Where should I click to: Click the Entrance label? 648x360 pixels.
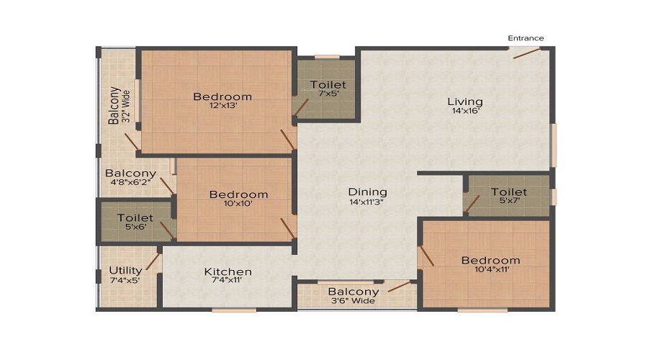click(x=526, y=38)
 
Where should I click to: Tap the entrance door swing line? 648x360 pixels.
click(x=526, y=53)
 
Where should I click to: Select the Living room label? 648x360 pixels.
click(x=465, y=102)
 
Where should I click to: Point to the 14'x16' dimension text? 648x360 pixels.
click(x=465, y=111)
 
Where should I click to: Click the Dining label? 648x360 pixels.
click(x=367, y=192)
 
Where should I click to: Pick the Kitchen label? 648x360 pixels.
click(x=228, y=271)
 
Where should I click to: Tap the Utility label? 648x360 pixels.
click(x=125, y=270)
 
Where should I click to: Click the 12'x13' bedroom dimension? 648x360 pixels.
click(x=223, y=105)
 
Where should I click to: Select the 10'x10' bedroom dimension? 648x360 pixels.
click(x=238, y=203)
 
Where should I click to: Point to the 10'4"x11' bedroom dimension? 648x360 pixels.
click(x=492, y=269)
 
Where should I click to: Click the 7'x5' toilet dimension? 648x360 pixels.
click(x=329, y=94)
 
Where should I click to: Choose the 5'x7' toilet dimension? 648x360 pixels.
click(x=510, y=201)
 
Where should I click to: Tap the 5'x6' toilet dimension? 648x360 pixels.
click(x=135, y=227)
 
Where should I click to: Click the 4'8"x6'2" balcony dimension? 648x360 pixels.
click(x=130, y=182)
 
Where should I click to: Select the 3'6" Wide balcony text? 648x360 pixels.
click(x=353, y=301)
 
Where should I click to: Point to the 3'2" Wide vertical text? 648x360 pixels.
click(x=127, y=106)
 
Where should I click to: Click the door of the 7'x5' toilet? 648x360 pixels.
click(x=301, y=107)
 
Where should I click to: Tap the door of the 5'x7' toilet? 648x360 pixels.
click(x=472, y=205)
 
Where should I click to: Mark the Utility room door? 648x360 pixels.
click(x=153, y=261)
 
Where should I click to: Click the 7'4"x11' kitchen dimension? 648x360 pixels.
click(x=227, y=280)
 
